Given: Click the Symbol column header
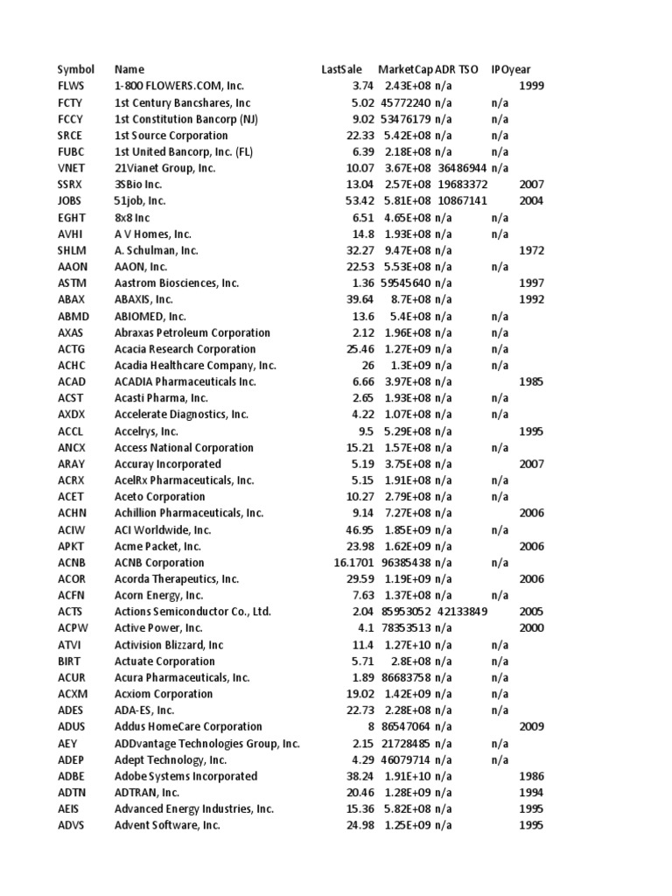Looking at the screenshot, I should [x=76, y=69].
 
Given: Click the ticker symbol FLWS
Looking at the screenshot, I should [x=71, y=86].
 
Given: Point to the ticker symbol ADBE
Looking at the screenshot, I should [x=72, y=776].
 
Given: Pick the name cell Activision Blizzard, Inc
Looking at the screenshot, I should [x=169, y=645].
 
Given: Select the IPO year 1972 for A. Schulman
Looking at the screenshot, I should [x=531, y=250].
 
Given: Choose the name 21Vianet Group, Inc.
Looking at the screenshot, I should [x=164, y=168].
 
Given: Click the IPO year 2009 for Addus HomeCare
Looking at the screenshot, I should [x=531, y=726].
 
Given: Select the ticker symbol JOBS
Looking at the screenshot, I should [x=70, y=200].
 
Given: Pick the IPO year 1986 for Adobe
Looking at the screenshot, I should [x=531, y=776].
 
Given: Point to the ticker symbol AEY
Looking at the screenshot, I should [x=67, y=743].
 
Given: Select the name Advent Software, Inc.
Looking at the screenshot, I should [x=167, y=825].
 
